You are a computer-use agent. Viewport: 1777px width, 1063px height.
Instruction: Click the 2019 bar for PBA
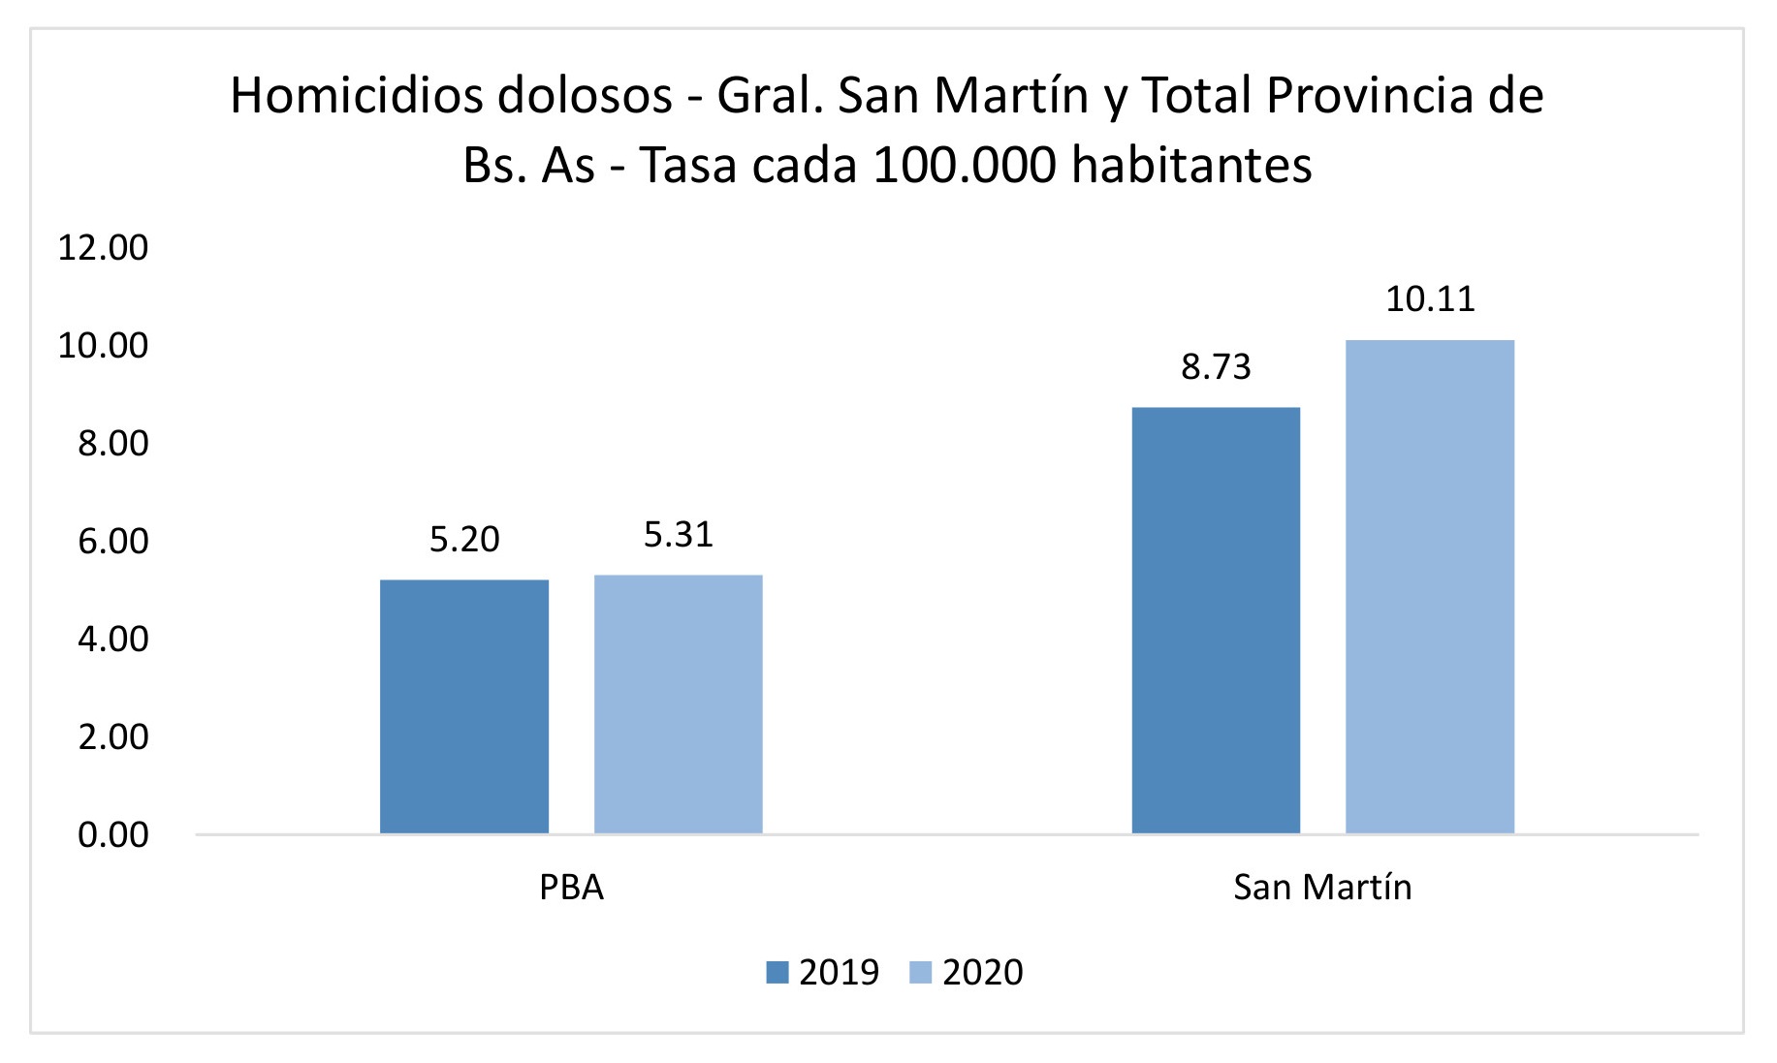point(463,706)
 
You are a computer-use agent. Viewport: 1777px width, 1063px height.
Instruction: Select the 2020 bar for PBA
point(678,704)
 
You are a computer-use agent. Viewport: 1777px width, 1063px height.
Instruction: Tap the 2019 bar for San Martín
point(1216,620)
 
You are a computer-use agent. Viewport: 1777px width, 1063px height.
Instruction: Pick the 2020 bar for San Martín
point(1430,586)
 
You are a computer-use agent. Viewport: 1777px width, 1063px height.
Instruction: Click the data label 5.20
point(464,540)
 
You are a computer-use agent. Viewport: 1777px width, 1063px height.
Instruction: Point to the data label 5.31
point(679,535)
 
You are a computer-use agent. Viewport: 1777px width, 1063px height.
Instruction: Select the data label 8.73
point(1216,367)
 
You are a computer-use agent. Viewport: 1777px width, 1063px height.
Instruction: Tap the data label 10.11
point(1430,299)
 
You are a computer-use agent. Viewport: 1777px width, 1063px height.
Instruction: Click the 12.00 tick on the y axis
point(104,248)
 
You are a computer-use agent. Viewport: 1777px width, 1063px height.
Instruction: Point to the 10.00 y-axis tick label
point(104,346)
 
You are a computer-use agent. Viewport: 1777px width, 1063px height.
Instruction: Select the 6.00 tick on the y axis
point(113,542)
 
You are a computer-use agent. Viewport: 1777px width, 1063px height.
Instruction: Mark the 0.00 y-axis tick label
point(113,835)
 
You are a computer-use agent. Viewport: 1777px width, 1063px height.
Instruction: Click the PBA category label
point(571,888)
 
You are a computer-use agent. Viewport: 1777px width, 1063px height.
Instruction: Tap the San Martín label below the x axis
point(1322,888)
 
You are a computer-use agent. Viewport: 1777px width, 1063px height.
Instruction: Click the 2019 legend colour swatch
point(777,972)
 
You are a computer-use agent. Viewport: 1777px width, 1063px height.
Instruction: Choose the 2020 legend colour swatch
point(920,972)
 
